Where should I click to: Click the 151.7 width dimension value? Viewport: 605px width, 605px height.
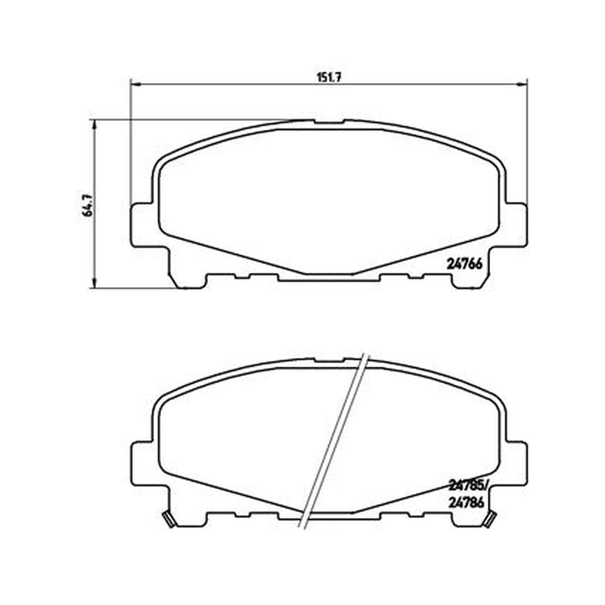329,77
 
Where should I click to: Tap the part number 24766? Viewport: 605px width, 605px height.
464,264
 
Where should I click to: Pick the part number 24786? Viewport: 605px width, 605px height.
466,502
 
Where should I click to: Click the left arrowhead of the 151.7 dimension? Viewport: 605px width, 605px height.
136,84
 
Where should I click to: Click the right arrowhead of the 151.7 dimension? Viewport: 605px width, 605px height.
523,84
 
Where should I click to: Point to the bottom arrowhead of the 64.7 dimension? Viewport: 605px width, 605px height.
93,283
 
